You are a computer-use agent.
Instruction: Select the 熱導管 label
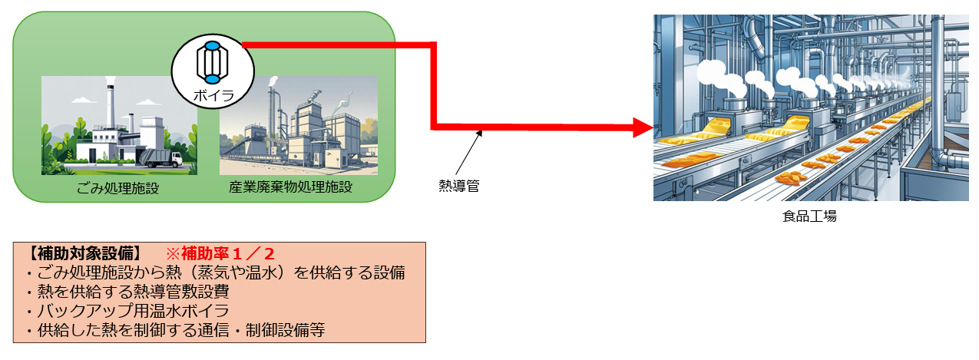(458, 185)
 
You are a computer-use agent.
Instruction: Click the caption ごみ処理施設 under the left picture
(120, 187)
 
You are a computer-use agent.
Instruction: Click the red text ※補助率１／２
(223, 253)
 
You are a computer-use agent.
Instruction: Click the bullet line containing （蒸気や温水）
(215, 272)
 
